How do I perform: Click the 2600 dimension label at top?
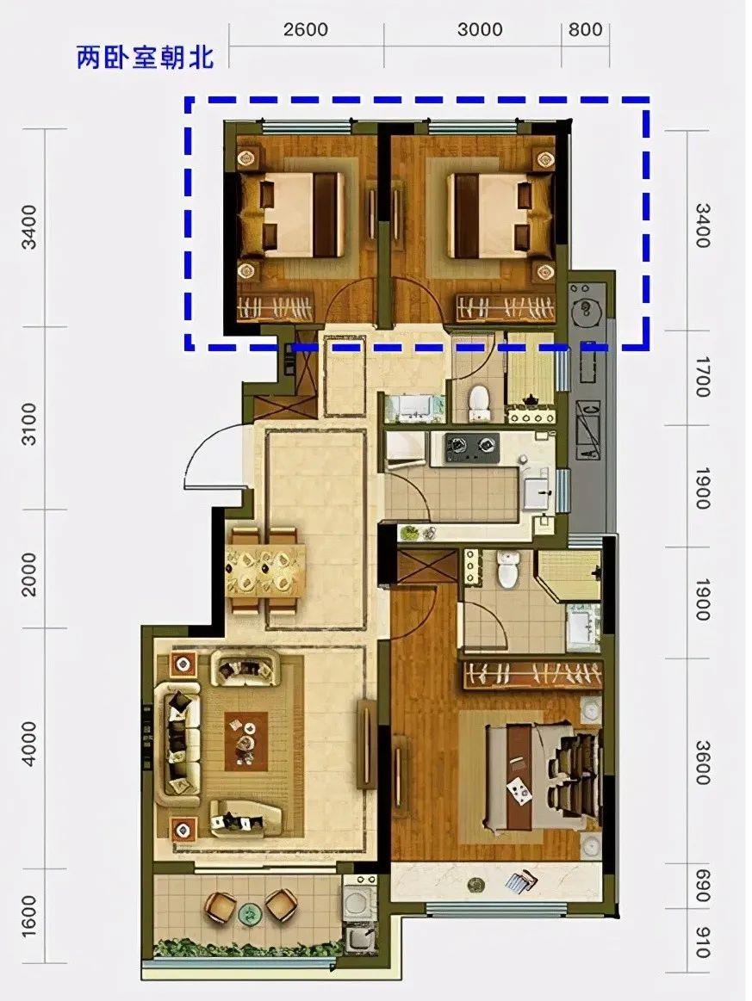click(306, 29)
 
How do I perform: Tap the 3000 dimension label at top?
click(480, 29)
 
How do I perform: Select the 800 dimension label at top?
click(585, 29)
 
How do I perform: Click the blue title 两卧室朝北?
click(145, 57)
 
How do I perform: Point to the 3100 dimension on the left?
click(30, 423)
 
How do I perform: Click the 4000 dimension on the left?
click(30, 745)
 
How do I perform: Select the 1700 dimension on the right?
click(702, 377)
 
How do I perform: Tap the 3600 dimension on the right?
click(702, 763)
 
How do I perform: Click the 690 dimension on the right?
click(702, 886)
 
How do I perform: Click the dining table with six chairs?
click(264, 570)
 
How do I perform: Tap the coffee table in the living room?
click(246, 741)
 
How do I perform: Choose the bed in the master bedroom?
click(543, 775)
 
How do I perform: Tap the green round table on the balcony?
click(247, 913)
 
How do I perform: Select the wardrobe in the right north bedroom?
click(506, 308)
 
